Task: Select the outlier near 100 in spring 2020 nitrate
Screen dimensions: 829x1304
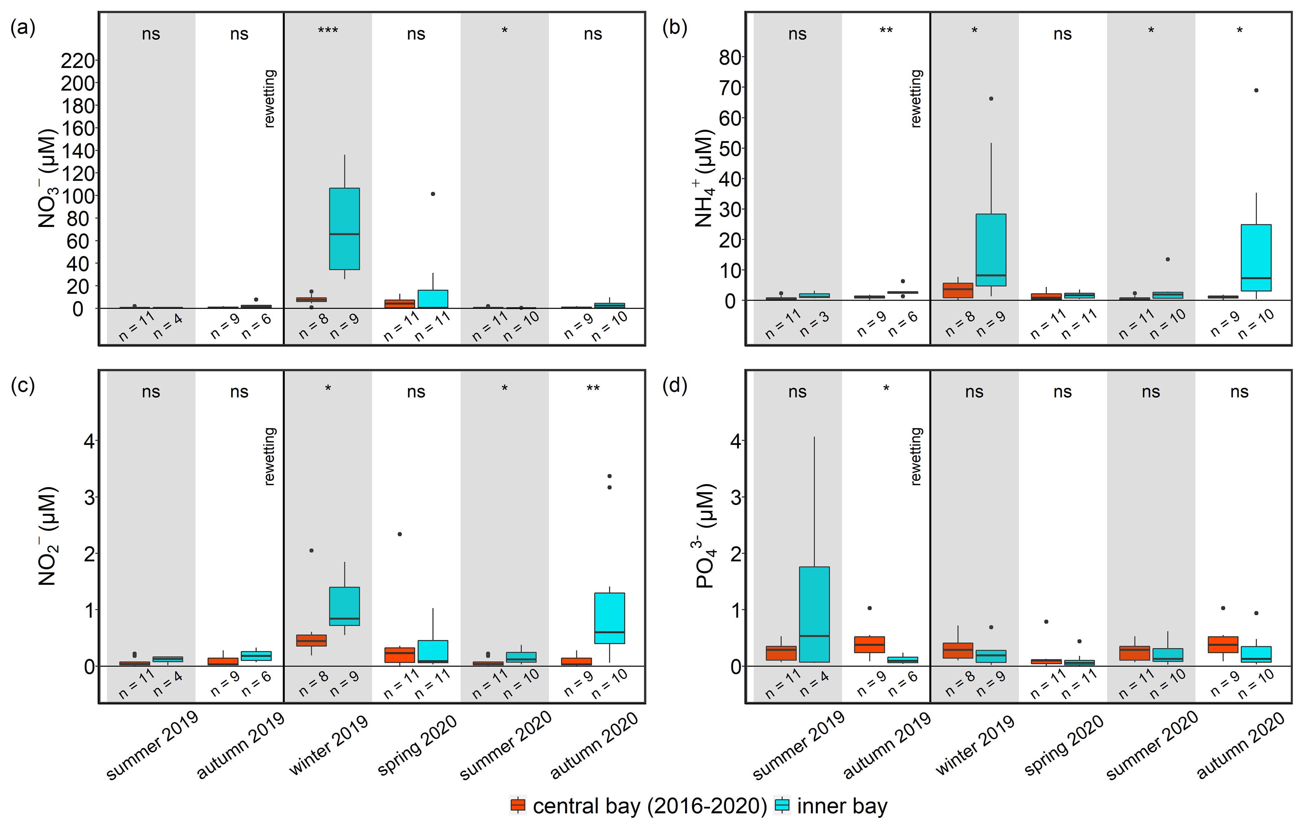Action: pos(433,194)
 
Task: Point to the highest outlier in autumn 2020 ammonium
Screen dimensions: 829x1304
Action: pos(1256,91)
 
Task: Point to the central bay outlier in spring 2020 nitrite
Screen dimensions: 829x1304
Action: pos(400,534)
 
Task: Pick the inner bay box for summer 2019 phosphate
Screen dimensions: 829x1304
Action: pos(814,614)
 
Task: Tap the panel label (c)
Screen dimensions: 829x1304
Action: pos(23,386)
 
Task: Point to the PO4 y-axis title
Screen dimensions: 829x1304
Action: pos(705,536)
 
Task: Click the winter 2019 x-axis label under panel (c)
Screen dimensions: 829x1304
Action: pos(329,745)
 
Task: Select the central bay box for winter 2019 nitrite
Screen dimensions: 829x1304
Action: pos(311,641)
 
